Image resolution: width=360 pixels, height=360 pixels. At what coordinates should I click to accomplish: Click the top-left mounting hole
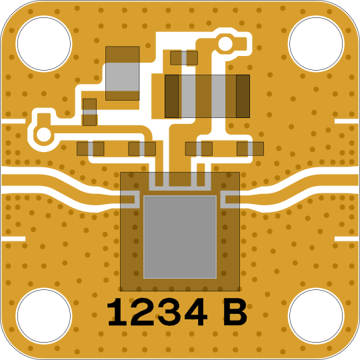pyautogui.click(x=44, y=43)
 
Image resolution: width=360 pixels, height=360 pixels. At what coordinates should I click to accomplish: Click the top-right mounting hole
pyautogui.click(x=316, y=43)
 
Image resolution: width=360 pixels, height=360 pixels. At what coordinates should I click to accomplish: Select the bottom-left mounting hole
pyautogui.click(x=44, y=316)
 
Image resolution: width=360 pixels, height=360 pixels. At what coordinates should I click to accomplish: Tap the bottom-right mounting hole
pyautogui.click(x=316, y=316)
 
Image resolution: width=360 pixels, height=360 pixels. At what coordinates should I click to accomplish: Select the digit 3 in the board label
pyautogui.click(x=168, y=312)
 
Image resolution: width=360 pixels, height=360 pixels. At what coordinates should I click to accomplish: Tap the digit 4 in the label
pyautogui.click(x=195, y=312)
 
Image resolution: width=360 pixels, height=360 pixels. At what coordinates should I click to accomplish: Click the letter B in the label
pyautogui.click(x=235, y=312)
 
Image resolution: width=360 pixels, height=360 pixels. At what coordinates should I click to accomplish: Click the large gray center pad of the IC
pyautogui.click(x=180, y=237)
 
